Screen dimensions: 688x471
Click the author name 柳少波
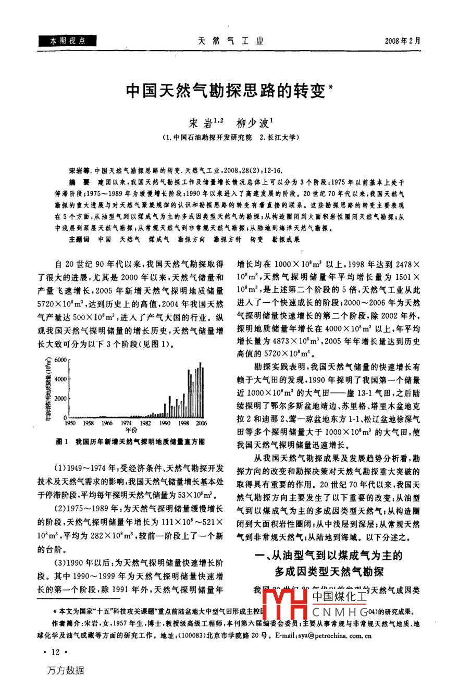click(252, 124)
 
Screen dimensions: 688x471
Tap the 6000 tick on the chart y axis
click(60, 360)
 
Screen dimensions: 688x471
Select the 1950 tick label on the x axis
click(70, 424)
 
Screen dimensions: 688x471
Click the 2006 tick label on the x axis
click(201, 424)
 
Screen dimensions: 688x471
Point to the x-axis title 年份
click(131, 431)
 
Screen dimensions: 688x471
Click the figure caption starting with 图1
click(130, 441)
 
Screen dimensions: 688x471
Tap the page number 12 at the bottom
click(54, 652)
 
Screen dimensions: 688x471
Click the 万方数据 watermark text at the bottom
click(65, 670)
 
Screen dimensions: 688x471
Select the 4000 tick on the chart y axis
click(60, 379)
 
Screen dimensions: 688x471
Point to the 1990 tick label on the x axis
click(165, 424)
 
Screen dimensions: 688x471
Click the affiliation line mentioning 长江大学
click(230, 137)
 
